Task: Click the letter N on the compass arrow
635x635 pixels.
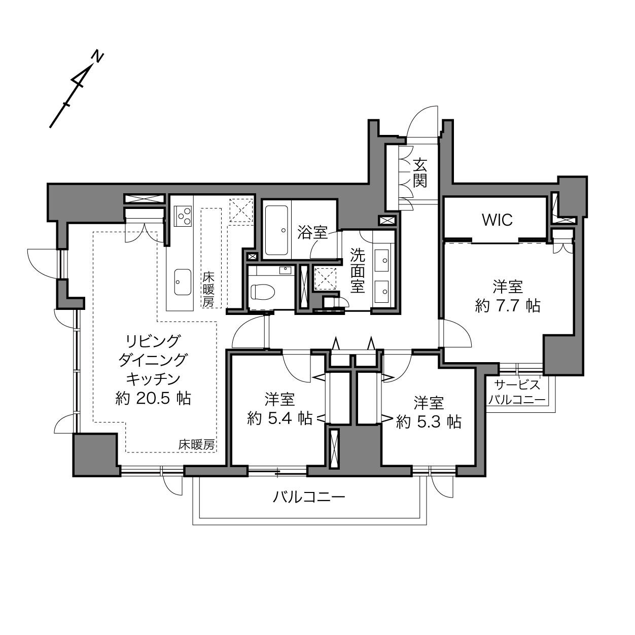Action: pyautogui.click(x=97, y=57)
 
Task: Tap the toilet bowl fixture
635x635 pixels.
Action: pyautogui.click(x=263, y=292)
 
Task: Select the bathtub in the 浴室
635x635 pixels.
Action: pyautogui.click(x=276, y=230)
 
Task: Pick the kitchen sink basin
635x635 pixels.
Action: pyautogui.click(x=183, y=282)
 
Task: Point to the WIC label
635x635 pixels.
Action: pyautogui.click(x=497, y=220)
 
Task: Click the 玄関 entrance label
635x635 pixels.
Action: pyautogui.click(x=420, y=172)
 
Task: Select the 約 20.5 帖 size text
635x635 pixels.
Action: pyautogui.click(x=153, y=399)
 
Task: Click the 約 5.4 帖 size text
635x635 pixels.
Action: pyautogui.click(x=279, y=418)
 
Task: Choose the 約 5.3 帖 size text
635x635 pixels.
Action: pyautogui.click(x=429, y=421)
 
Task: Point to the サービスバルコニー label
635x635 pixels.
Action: pyautogui.click(x=517, y=392)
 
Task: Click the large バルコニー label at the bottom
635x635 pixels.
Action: pyautogui.click(x=309, y=497)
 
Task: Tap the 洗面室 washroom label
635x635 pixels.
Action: pyautogui.click(x=357, y=270)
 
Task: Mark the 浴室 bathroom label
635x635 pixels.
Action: pyautogui.click(x=312, y=233)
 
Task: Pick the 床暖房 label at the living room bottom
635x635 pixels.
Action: pyautogui.click(x=196, y=445)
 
